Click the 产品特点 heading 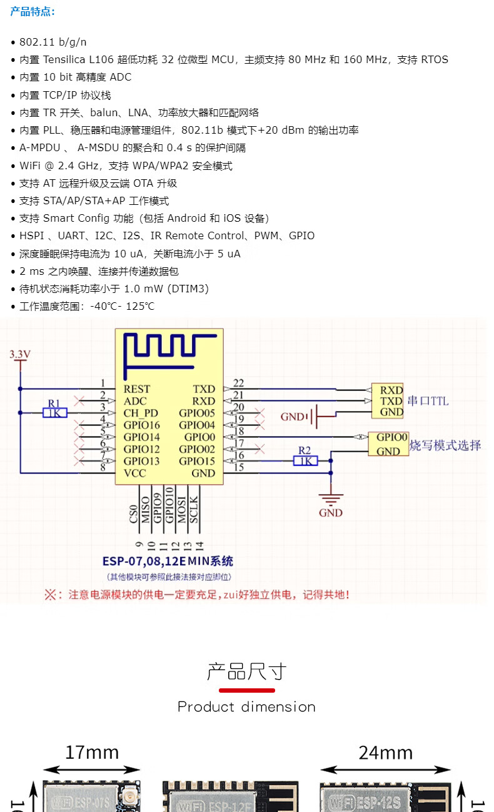pos(33,11)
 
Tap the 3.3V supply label pos(20,355)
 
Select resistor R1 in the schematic pos(55,412)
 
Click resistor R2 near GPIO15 pos(305,460)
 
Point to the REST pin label pos(136,389)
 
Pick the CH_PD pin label pos(141,413)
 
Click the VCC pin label pos(134,473)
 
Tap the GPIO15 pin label pos(197,461)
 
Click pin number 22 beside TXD pos(238,383)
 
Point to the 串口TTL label pos(428,401)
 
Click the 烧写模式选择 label pos(445,445)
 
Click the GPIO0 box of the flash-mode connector pos(392,437)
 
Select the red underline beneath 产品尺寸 pos(247,690)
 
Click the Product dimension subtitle pos(246,707)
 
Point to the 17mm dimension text pos(92,752)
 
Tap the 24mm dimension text pos(386,752)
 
